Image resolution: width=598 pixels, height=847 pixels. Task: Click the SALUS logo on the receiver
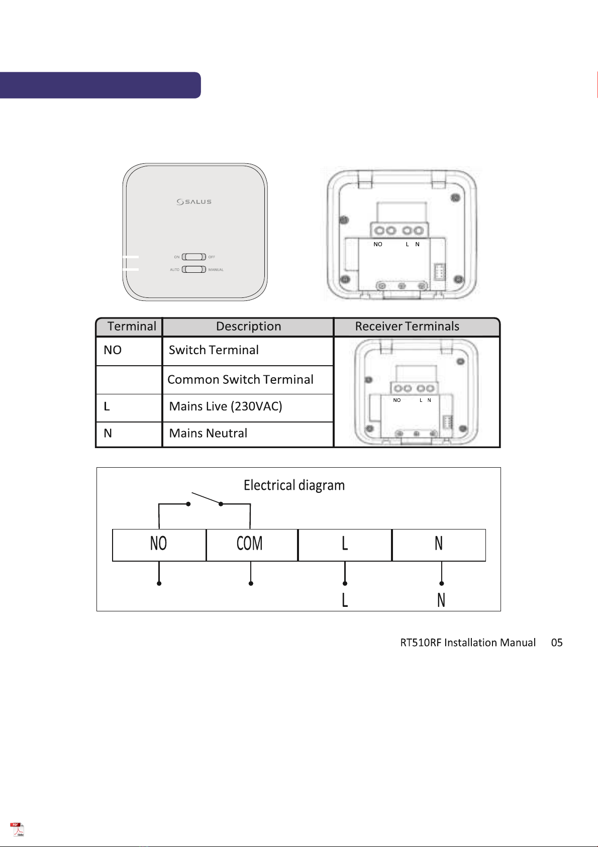(194, 201)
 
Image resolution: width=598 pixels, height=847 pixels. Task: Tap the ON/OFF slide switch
(194, 257)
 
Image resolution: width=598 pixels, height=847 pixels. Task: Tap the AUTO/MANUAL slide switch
(194, 269)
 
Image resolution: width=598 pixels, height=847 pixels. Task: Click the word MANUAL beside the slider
(216, 270)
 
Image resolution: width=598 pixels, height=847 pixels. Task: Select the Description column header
(248, 327)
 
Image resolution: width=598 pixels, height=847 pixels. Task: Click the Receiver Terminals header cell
(417, 327)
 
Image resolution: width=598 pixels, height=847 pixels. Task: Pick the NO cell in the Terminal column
(129, 351)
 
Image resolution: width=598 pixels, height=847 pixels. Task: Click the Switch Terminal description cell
(248, 351)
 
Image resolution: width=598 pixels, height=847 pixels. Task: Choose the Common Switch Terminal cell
(248, 380)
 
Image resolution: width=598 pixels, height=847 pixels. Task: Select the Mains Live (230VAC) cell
(248, 407)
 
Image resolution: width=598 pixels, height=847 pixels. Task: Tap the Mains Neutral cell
(248, 435)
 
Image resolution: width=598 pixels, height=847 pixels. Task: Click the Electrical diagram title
(294, 485)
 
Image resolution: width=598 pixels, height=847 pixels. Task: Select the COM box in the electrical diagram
(252, 545)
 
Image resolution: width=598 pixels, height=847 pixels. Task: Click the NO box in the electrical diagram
(159, 545)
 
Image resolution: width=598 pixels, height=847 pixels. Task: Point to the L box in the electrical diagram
(345, 545)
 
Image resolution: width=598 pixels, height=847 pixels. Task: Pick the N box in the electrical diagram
(439, 545)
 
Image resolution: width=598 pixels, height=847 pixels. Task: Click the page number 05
(557, 643)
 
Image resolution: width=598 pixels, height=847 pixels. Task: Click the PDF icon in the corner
(17, 829)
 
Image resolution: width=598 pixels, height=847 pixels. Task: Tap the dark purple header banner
(100, 85)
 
